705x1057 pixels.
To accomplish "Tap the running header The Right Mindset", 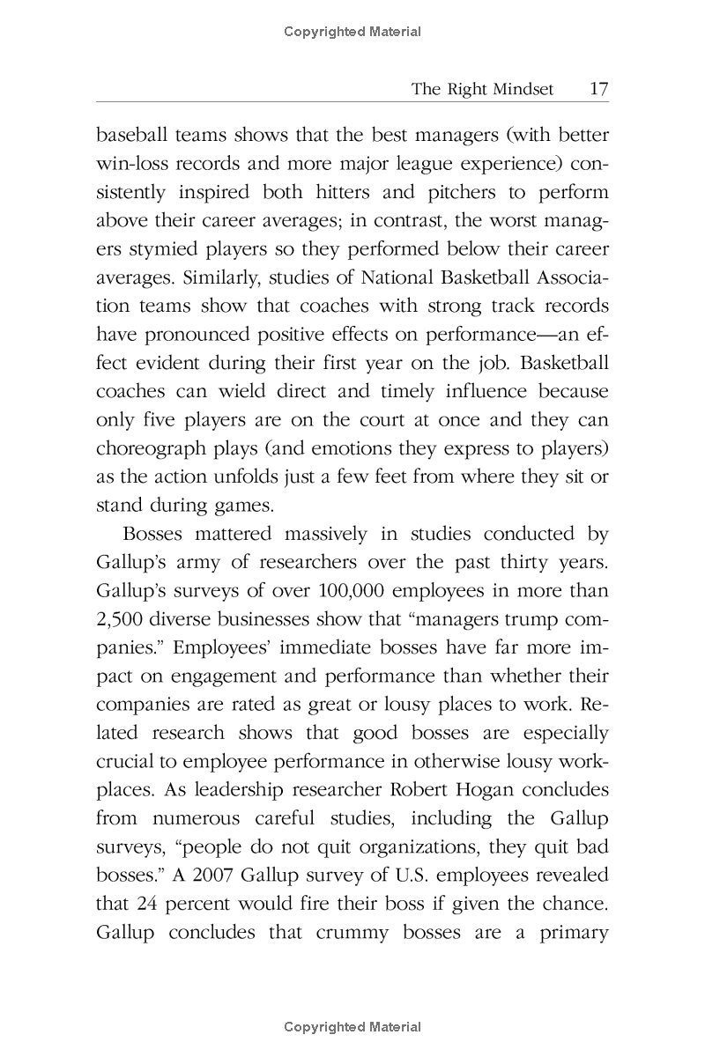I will (482, 89).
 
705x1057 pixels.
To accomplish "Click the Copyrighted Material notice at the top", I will (352, 32).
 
